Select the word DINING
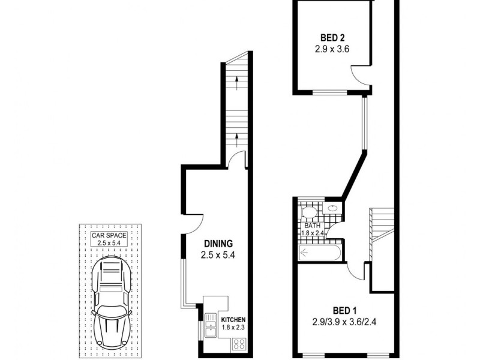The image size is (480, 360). (x=218, y=244)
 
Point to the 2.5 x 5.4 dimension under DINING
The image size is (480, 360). (x=218, y=255)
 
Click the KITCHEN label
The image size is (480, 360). (x=233, y=319)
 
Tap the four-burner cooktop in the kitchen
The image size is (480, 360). (x=238, y=344)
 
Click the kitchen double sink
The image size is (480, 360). (x=211, y=327)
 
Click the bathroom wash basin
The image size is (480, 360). (x=332, y=208)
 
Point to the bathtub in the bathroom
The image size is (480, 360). (x=320, y=253)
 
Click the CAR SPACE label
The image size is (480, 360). (x=109, y=235)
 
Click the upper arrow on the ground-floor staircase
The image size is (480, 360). (x=238, y=79)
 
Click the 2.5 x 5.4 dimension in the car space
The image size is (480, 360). (x=109, y=243)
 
